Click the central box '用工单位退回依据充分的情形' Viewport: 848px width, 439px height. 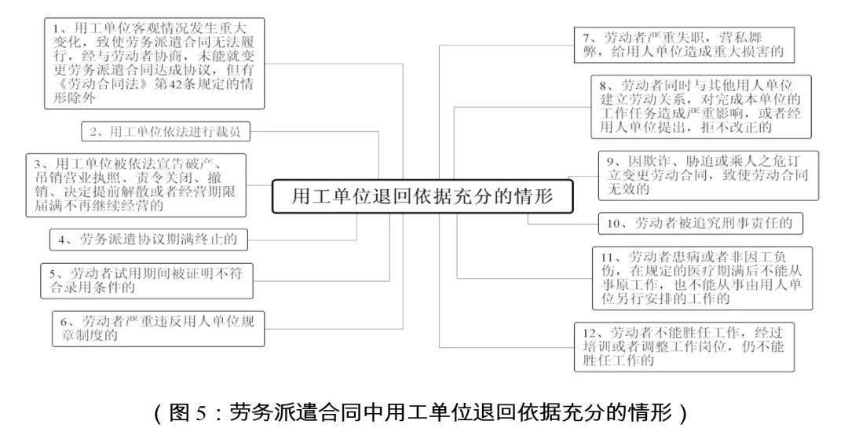(422, 196)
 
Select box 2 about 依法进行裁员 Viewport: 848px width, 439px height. (166, 131)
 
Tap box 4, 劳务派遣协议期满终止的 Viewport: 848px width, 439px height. (148, 240)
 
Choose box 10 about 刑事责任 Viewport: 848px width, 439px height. (700, 223)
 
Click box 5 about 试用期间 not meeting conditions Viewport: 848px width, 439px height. (147, 280)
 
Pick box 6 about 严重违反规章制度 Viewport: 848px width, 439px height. (159, 329)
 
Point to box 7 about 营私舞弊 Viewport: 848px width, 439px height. (684, 45)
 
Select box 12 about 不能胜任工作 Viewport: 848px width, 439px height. (684, 346)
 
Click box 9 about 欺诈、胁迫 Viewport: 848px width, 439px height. (708, 176)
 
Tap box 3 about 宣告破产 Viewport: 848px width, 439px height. (136, 185)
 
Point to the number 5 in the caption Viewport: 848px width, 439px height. (199, 414)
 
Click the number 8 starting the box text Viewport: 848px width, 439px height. (603, 86)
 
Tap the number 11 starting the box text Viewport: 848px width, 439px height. (609, 257)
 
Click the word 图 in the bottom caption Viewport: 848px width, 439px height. (178, 413)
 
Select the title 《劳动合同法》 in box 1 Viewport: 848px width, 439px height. (102, 84)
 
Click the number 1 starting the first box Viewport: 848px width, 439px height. (56, 27)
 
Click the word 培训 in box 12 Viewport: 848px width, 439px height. (597, 346)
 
